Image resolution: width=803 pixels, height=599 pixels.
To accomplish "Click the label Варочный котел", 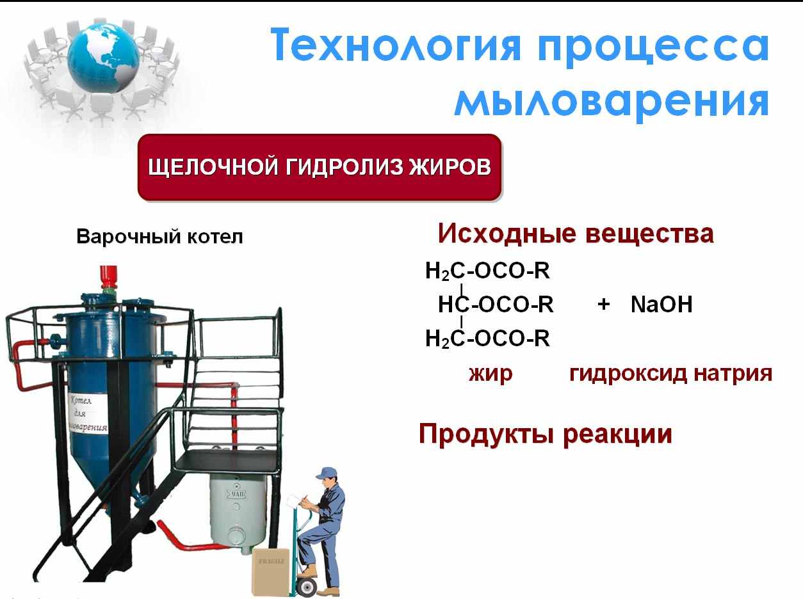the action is pos(159,236).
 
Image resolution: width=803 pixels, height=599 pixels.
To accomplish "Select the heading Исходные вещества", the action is pos(576,233).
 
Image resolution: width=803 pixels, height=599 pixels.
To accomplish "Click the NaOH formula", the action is pos(661,304).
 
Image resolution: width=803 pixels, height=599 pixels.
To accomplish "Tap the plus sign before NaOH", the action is pos(603,305).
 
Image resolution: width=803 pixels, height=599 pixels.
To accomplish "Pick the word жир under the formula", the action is pos(491,374).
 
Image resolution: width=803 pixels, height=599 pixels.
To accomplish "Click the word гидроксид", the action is pos(628,374).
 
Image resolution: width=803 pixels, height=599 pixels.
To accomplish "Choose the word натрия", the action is pos(733,374).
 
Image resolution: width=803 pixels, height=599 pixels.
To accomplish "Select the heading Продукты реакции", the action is pos(546,434).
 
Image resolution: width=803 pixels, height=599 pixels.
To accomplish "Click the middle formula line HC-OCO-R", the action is pos(496,304).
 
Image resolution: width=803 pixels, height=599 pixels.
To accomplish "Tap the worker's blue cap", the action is pos(327,472).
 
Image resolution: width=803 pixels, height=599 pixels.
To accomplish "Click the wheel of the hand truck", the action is pos(307,586).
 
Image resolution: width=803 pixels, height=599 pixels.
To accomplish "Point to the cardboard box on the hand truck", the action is pos(271,572).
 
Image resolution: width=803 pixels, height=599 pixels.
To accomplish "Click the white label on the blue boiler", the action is pos(88,413).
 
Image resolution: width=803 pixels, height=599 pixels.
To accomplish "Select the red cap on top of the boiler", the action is pos(108,276).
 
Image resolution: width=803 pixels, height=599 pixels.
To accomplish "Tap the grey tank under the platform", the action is pos(237,511).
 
